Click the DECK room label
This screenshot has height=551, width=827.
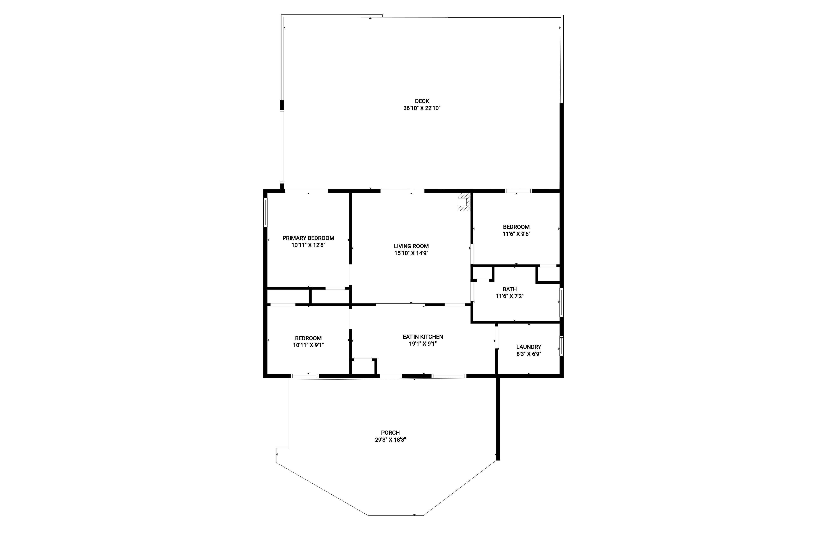[x=422, y=101]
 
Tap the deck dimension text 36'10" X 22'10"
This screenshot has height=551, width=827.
[x=422, y=108]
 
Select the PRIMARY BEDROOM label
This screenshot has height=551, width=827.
[x=308, y=238]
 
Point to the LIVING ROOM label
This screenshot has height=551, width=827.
[x=411, y=246]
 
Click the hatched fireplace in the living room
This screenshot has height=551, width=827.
[x=464, y=202]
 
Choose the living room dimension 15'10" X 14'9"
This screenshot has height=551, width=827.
[x=411, y=253]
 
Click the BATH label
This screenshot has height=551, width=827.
[x=510, y=290]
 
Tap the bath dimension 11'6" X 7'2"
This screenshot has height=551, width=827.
[x=510, y=296]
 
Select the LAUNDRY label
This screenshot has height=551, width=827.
[x=529, y=347]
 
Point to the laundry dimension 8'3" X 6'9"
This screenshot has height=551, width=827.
[x=529, y=354]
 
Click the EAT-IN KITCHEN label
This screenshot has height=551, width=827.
[x=423, y=337]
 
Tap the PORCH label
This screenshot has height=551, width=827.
[x=391, y=433]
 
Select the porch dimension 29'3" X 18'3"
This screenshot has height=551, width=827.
[x=391, y=440]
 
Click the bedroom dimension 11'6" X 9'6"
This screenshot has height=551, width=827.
[x=516, y=234]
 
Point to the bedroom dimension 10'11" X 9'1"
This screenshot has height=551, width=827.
[x=308, y=345]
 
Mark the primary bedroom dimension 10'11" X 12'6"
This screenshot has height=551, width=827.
[x=308, y=245]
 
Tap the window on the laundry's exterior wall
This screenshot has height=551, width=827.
[x=562, y=346]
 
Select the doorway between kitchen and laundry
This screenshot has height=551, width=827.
[x=496, y=337]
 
